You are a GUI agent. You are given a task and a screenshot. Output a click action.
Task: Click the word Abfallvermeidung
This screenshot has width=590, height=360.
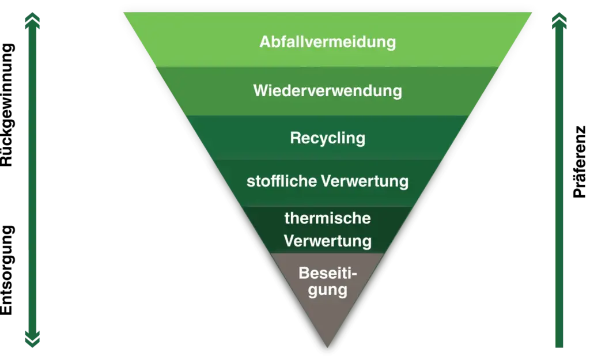(x=327, y=43)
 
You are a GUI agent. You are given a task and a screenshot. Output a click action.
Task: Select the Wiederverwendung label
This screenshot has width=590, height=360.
(x=327, y=91)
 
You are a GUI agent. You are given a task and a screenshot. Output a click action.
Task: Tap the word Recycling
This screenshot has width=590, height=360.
(x=327, y=138)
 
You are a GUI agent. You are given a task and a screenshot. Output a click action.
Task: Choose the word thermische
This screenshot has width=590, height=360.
(x=327, y=219)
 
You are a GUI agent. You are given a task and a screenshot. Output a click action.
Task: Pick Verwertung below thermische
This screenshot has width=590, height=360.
(x=327, y=240)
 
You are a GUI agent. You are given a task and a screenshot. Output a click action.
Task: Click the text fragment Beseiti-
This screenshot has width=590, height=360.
(x=326, y=272)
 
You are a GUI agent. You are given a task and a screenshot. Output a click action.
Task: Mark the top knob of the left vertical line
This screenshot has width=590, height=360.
(x=32, y=22)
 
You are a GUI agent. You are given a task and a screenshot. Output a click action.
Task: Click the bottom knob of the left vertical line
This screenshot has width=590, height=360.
(x=32, y=336)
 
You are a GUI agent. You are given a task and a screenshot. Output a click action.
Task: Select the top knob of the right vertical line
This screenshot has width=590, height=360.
(x=558, y=22)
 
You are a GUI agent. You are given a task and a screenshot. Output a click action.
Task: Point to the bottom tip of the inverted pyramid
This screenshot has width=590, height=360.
(x=327, y=350)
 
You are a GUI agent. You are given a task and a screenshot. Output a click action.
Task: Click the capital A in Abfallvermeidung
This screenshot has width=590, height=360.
(x=264, y=43)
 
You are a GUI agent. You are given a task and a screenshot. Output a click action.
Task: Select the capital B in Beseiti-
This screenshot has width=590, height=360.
(x=304, y=272)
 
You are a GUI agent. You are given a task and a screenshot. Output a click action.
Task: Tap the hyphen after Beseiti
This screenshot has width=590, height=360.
(x=354, y=274)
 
